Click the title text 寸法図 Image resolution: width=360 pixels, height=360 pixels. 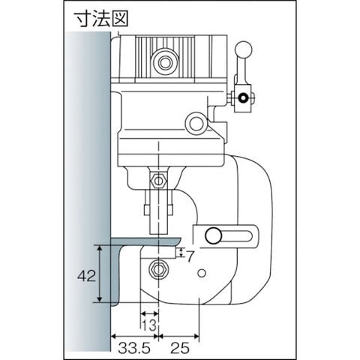(101, 19)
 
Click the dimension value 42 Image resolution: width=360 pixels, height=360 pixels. (86, 276)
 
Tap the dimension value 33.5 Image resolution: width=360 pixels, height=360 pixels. (134, 348)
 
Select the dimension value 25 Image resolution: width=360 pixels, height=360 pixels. (180, 348)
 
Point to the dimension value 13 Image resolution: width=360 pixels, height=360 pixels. (149, 325)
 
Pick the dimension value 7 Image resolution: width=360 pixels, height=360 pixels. (190, 256)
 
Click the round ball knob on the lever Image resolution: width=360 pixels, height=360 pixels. (244, 49)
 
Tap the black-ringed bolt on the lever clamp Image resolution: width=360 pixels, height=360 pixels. (242, 97)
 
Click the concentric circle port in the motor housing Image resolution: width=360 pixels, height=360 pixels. (164, 62)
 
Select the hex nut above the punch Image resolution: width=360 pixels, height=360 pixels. (158, 181)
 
